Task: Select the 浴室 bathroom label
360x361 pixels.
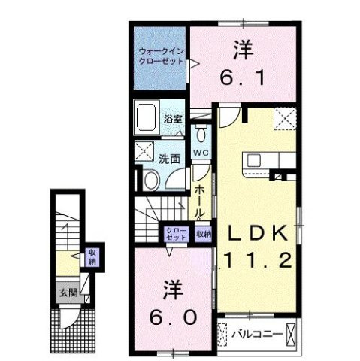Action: pos(173,120)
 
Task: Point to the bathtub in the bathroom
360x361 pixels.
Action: pos(147,118)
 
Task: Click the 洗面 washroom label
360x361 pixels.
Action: pos(169,159)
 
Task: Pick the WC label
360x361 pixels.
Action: pos(200,153)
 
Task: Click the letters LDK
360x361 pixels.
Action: pos(254,235)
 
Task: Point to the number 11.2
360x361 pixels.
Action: pos(256,261)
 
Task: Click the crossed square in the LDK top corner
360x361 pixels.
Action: pos(284,118)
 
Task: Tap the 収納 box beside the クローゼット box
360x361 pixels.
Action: pos(204,234)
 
